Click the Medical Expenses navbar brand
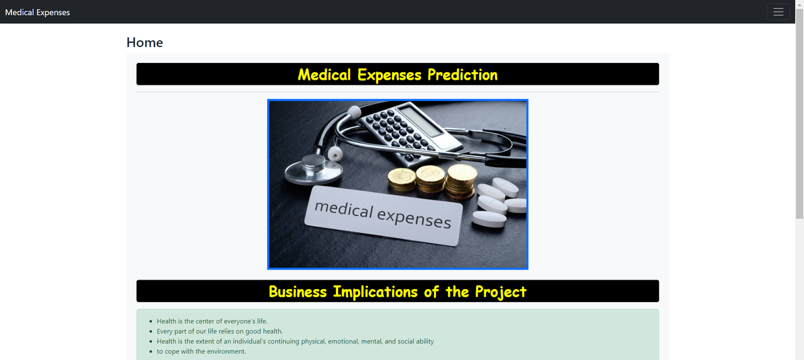[x=38, y=12]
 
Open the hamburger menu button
[x=778, y=12]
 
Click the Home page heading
[x=144, y=42]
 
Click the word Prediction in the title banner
[x=462, y=75]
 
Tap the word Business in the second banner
[x=298, y=292]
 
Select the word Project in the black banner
[x=501, y=292]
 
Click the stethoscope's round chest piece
[x=312, y=167]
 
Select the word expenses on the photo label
[x=415, y=217]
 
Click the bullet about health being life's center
[x=212, y=321]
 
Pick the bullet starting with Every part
[x=219, y=331]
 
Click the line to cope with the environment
[x=201, y=351]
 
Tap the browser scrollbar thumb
[x=799, y=113]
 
